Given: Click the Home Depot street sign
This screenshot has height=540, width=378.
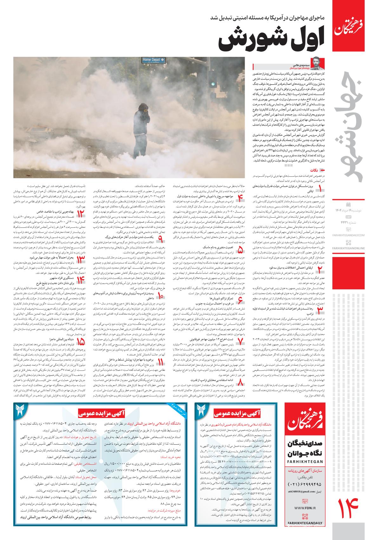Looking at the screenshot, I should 154,59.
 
